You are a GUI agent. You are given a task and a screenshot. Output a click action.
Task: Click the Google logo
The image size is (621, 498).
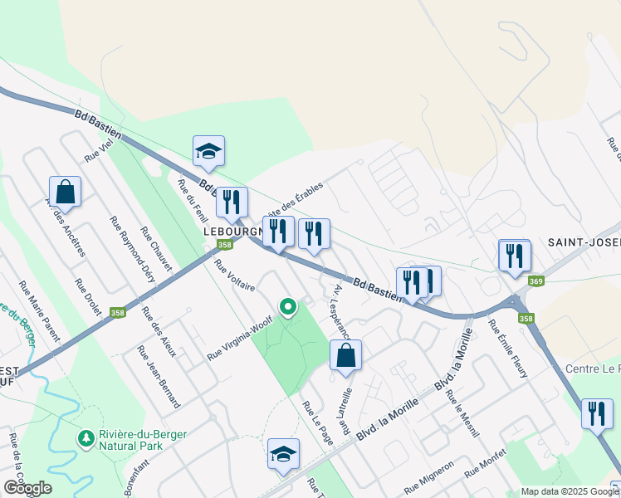click(x=27, y=488)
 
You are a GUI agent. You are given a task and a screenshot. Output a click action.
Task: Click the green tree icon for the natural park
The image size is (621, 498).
click(x=85, y=437)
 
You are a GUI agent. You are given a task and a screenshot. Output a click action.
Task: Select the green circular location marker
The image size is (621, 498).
click(x=288, y=307)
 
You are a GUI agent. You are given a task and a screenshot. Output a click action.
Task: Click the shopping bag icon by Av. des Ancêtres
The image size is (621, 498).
click(x=65, y=192)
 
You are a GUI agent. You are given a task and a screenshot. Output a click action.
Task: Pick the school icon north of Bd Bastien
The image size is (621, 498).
click(x=208, y=150)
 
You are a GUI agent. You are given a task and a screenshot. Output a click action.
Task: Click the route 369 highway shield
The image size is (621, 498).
click(x=536, y=282)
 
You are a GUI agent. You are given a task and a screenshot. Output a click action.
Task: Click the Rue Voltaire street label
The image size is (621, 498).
click(x=233, y=280)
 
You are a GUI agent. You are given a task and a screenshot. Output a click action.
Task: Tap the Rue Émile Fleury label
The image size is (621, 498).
click(x=508, y=349)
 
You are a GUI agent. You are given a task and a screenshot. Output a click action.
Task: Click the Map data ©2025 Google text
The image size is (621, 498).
click(x=569, y=491)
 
